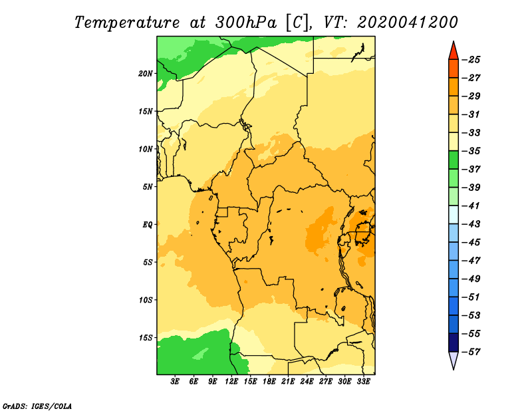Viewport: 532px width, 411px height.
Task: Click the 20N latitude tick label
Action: click(x=146, y=74)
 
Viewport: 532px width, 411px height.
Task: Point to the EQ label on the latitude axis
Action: click(x=148, y=225)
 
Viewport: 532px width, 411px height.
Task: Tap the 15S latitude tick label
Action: click(x=146, y=338)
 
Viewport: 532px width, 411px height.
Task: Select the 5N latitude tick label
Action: click(x=148, y=187)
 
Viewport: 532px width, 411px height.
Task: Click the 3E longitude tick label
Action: click(x=175, y=381)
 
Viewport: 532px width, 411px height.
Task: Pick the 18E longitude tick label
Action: click(x=269, y=381)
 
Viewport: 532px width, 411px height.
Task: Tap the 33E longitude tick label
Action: click(x=363, y=381)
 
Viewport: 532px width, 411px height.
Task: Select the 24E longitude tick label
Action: click(x=307, y=381)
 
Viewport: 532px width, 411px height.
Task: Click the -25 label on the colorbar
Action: click(x=471, y=60)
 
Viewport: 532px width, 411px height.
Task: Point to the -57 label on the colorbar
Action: click(x=471, y=352)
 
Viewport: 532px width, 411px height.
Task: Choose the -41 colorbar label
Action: click(x=471, y=205)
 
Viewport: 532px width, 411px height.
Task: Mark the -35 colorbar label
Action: click(x=471, y=151)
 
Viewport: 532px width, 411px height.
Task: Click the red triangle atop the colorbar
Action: click(x=454, y=52)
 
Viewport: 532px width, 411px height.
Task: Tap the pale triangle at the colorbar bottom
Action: click(x=454, y=359)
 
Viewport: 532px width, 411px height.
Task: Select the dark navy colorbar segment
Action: click(x=454, y=342)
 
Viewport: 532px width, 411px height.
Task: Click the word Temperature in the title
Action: click(x=127, y=23)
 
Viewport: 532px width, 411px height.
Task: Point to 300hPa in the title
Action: click(x=246, y=23)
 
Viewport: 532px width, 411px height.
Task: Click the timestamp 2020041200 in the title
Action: click(x=407, y=23)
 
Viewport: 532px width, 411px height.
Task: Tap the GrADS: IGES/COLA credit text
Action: click(x=37, y=406)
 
